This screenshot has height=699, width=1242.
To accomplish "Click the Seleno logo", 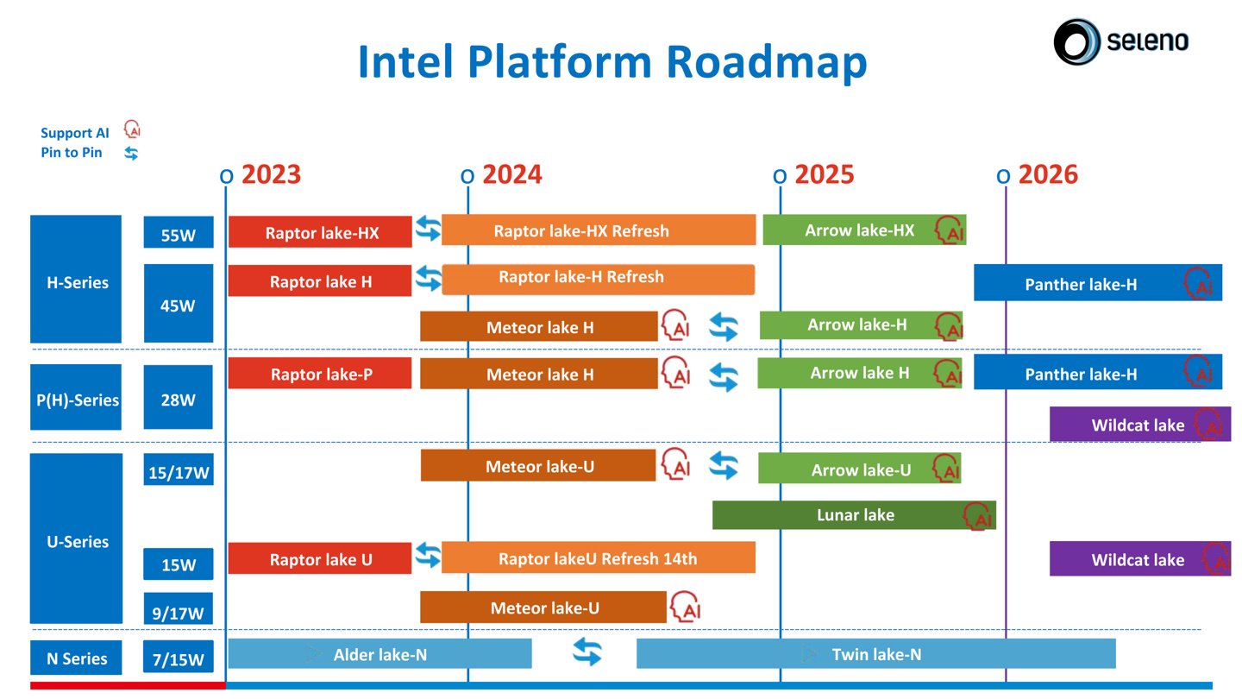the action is pos(1121,41).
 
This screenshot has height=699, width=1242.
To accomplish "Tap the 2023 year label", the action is pos(271,174).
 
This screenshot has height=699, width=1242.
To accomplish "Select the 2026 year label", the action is pos(1048,174).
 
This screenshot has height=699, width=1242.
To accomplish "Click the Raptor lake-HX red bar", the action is pos(320,232).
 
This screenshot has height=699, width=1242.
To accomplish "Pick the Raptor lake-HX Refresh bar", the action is pos(599,230).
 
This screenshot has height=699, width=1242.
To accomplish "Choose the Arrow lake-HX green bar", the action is pos(864,230).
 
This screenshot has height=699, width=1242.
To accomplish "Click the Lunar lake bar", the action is pos(854,515).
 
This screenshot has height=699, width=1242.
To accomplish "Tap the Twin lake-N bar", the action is pos(876,653).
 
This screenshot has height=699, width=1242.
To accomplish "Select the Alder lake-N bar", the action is pos(379,653).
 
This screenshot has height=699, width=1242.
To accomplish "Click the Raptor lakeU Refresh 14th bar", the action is pos(599,557).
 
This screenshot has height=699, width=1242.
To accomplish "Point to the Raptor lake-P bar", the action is pos(320,374).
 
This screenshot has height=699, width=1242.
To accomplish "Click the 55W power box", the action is pos(179,232).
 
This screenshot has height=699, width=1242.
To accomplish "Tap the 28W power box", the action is pos(178,397).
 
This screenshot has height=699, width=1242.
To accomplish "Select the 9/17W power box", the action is pos(178,609).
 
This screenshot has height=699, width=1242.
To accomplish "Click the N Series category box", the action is pos(76,658).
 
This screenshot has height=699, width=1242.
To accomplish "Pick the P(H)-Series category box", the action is pos(76,397).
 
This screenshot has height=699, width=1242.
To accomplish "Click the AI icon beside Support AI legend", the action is pos(132,129).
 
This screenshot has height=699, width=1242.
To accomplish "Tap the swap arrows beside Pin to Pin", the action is pos(131,153).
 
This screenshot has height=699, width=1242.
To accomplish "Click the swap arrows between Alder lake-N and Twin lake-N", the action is pos(587,652).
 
